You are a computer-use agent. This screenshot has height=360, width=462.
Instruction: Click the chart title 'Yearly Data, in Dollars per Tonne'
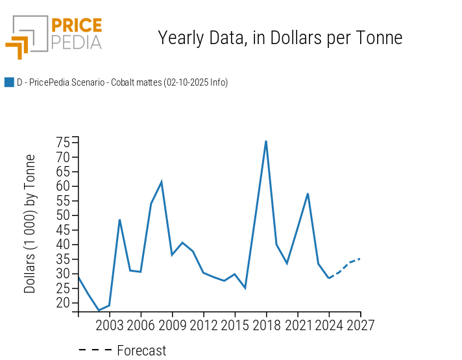[280, 38]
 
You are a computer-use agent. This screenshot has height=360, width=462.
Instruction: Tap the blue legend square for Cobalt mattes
[9, 82]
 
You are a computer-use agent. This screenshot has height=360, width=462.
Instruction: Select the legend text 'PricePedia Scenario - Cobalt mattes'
[122, 82]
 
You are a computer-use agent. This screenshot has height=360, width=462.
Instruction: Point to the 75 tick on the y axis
[63, 142]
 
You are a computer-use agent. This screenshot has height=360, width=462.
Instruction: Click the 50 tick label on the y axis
[63, 215]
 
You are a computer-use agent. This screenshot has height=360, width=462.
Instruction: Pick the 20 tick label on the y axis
[63, 303]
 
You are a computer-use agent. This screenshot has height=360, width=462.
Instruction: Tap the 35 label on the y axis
[63, 259]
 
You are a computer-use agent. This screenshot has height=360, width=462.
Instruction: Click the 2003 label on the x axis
[110, 324]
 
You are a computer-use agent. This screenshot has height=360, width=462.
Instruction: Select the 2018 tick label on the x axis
[266, 324]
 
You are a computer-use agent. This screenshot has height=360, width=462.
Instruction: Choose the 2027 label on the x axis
[360, 324]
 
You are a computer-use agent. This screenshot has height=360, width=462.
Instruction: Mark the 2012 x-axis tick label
[203, 324]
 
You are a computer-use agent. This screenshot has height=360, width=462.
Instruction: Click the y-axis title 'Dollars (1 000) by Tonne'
[30, 224]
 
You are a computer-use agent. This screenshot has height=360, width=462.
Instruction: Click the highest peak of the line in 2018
[266, 141]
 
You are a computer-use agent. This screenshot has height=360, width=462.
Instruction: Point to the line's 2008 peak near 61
[162, 182]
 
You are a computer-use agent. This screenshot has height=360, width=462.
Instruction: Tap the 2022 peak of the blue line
[308, 193]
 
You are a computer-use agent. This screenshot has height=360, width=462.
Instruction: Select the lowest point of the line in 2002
[99, 311]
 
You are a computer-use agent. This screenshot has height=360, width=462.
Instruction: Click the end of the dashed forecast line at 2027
[360, 258]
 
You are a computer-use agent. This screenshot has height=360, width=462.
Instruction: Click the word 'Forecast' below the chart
[141, 351]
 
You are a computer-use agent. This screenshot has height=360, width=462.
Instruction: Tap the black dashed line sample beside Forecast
[95, 351]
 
